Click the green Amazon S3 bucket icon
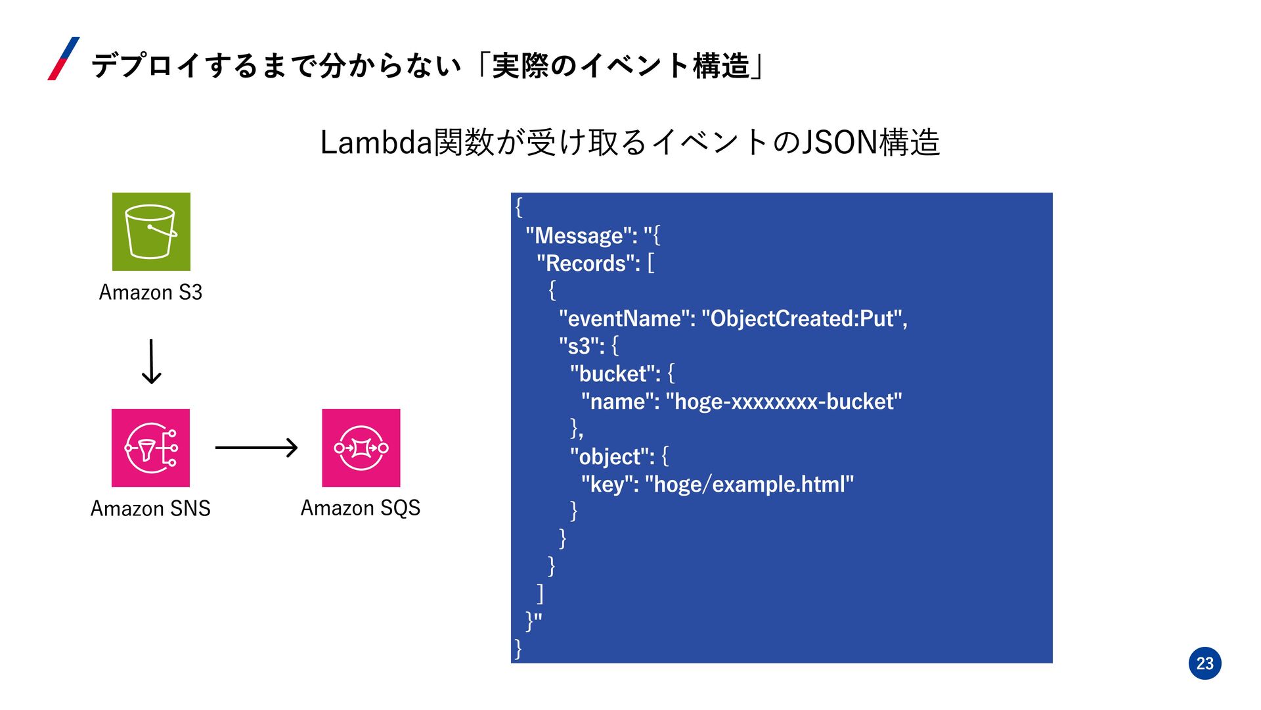(x=151, y=231)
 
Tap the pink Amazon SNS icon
(x=150, y=448)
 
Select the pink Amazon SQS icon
(x=361, y=448)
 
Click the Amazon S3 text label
(x=150, y=292)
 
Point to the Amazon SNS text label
(x=150, y=508)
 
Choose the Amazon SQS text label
(x=361, y=508)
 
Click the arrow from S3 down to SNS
(x=152, y=362)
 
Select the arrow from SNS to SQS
(x=256, y=448)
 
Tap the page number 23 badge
(x=1205, y=663)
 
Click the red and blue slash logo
(x=64, y=59)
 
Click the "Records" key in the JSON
(x=588, y=263)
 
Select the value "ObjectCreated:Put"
(x=801, y=318)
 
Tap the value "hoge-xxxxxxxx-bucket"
(x=784, y=401)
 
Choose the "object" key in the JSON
(x=611, y=456)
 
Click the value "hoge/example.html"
(x=749, y=484)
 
